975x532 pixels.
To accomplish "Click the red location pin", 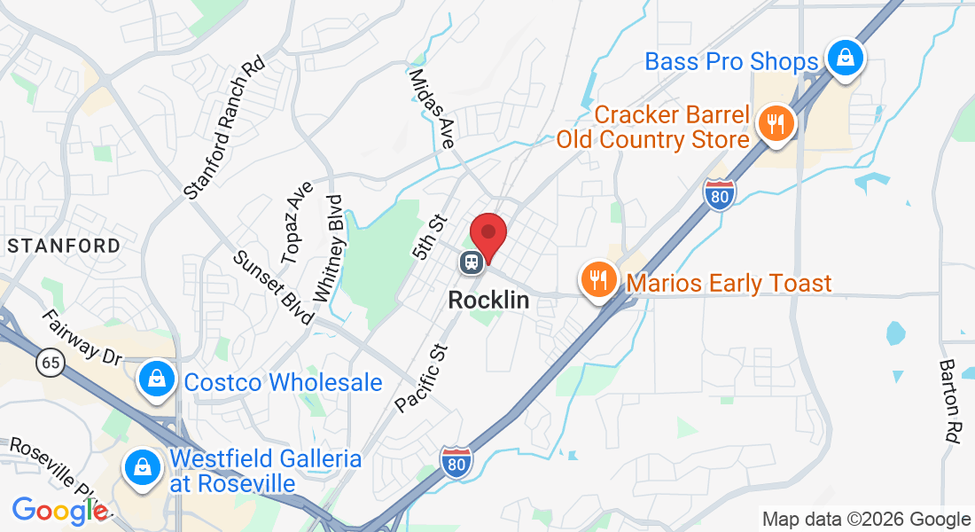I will click(x=487, y=235).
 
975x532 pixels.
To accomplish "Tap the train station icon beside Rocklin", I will click(x=471, y=262).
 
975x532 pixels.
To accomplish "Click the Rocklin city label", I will click(x=488, y=300).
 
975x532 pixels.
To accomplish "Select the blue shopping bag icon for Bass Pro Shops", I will click(x=846, y=59).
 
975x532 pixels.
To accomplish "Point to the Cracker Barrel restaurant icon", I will click(x=776, y=123).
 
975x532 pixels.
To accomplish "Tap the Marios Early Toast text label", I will click(x=729, y=284).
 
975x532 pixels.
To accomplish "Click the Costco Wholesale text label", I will click(x=283, y=382).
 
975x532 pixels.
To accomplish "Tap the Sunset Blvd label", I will click(x=273, y=286).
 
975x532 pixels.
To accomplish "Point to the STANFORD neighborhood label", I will click(x=63, y=245).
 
